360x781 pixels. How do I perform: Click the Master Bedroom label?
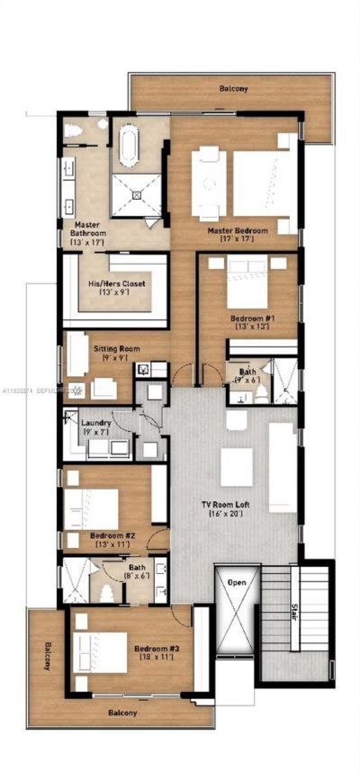coord(238,230)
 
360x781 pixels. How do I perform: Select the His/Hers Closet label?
coord(116,284)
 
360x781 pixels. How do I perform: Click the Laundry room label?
coord(95,422)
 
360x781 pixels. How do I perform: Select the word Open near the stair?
coord(237,583)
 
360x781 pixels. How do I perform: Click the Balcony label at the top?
coord(233,89)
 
